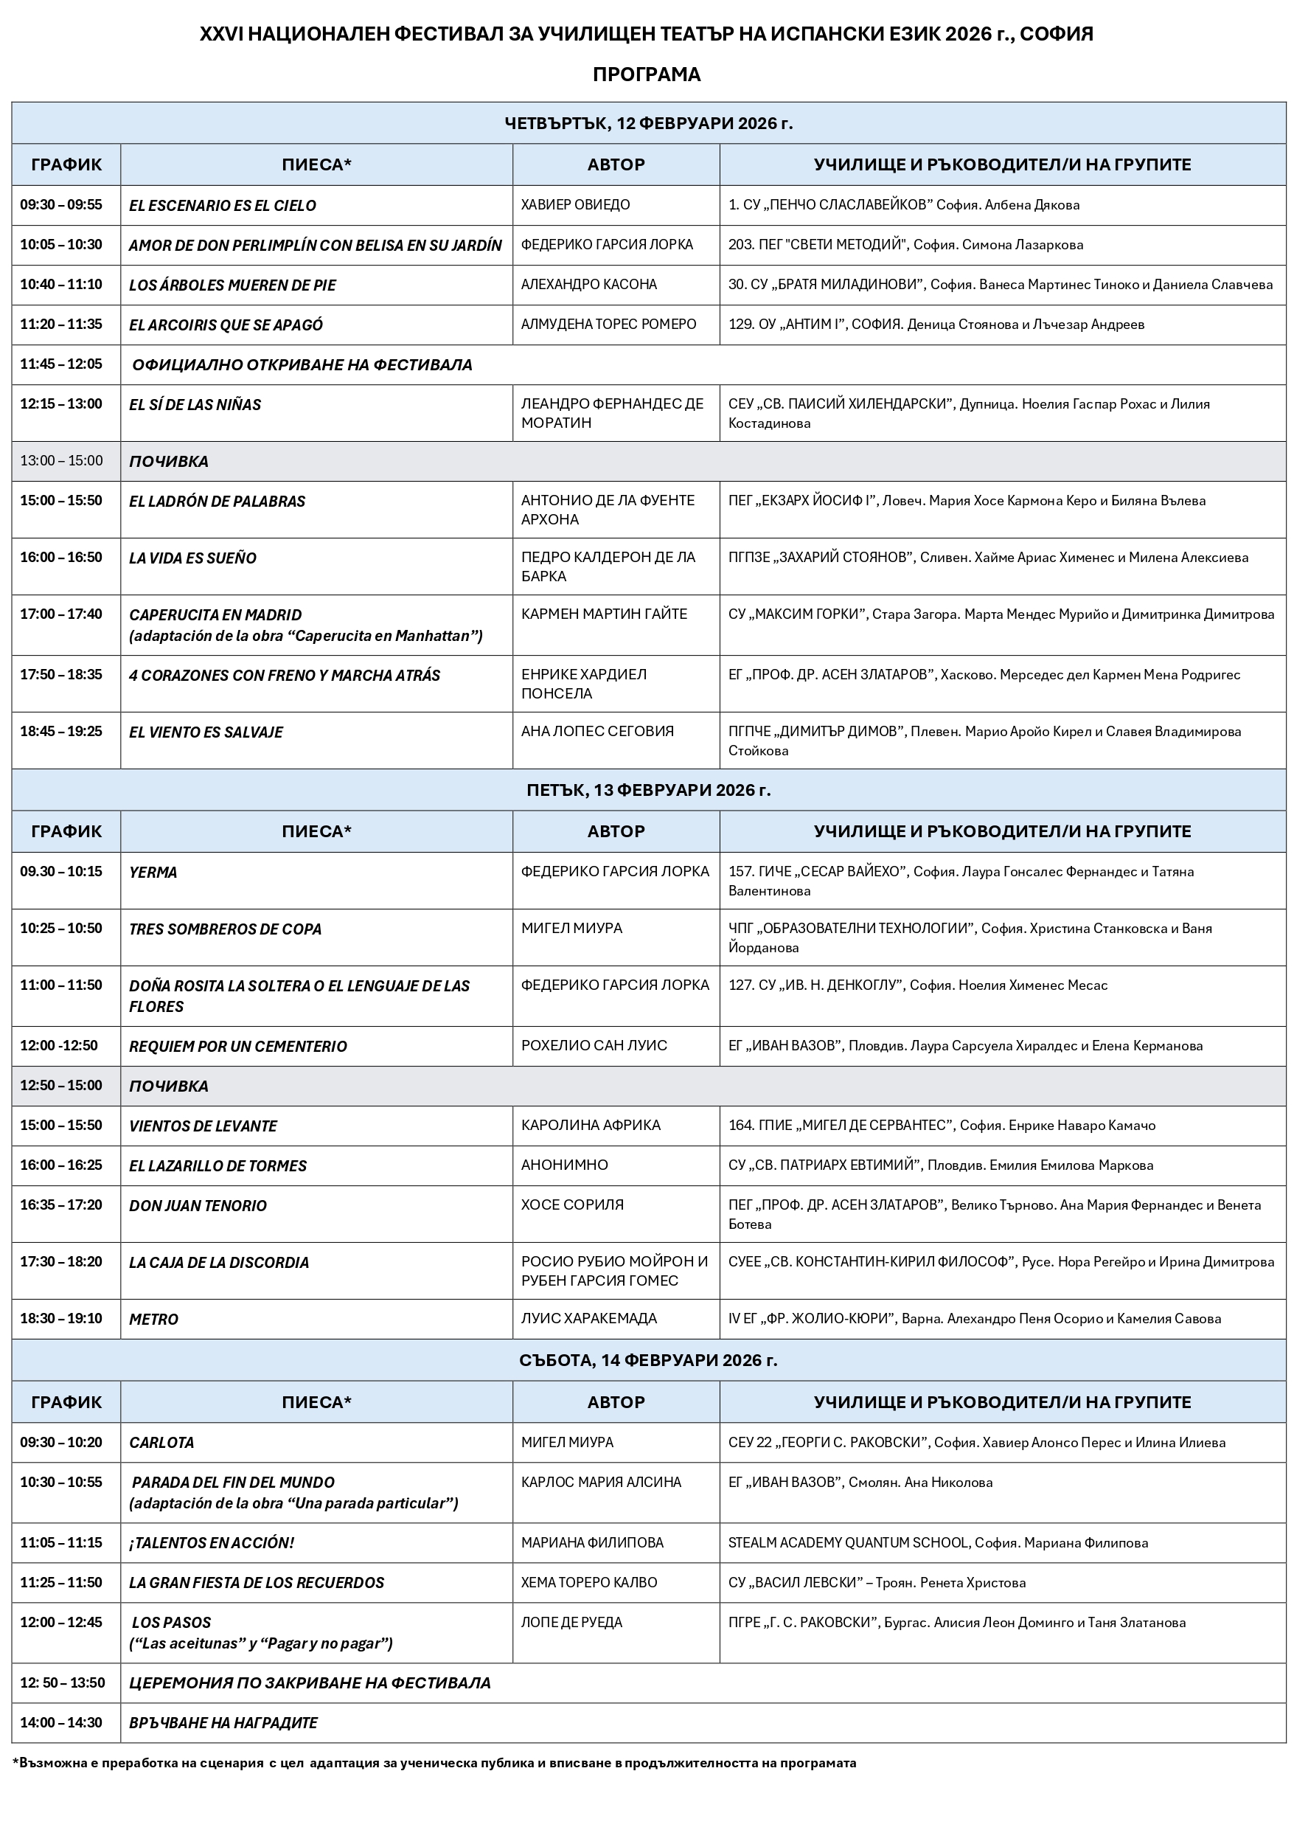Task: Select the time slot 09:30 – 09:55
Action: (61, 205)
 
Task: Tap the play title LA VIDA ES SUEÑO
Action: (193, 558)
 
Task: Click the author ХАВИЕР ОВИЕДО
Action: (575, 205)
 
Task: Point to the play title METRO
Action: (154, 1319)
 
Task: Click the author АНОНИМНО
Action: (564, 1165)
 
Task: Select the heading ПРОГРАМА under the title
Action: (646, 74)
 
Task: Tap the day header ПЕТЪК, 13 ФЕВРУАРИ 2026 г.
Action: (649, 790)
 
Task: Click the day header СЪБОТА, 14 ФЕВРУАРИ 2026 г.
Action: (649, 1359)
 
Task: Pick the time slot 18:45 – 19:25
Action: (61, 732)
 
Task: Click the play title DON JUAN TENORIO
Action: (198, 1206)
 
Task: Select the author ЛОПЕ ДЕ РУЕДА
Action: (571, 1623)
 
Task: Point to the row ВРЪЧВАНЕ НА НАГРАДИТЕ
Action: (223, 1723)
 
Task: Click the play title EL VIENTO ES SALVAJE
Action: (206, 732)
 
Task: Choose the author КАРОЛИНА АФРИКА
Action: (591, 1126)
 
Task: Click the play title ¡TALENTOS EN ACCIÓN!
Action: (211, 1543)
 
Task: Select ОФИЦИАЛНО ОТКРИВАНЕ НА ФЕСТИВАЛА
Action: (302, 365)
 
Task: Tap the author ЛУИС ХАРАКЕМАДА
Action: (589, 1318)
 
